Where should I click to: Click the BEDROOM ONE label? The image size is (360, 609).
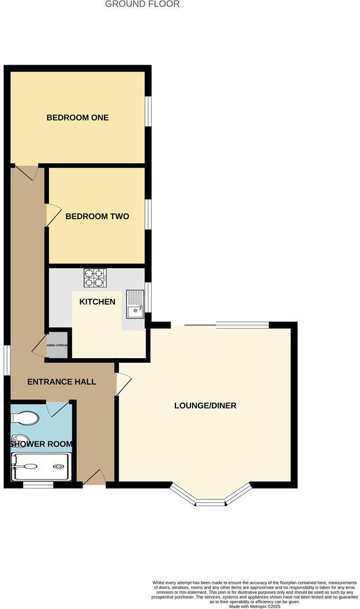coord(77,118)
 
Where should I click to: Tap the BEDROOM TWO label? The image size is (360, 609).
coord(97,216)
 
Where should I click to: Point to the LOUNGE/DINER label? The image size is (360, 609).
coord(205,405)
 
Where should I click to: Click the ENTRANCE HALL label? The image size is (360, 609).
coord(62,382)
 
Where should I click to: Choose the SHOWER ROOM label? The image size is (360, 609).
coord(41,444)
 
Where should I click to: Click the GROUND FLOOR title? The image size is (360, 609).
coord(142,4)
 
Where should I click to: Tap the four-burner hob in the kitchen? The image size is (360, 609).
coord(96,278)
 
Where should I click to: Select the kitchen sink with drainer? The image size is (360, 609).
coord(134,304)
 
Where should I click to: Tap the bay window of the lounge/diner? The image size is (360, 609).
coord(211,498)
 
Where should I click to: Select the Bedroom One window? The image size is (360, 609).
coord(148,110)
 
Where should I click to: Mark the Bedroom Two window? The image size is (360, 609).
coord(148,214)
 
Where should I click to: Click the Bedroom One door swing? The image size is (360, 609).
coord(26,172)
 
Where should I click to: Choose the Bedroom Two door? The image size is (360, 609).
coord(52,215)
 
